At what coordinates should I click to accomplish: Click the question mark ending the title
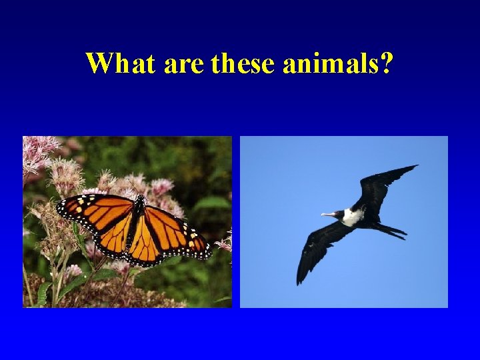coord(387,64)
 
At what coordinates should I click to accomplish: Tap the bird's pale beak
coord(328,214)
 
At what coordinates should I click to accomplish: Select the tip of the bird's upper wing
coord(415,167)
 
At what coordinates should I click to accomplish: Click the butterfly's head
coord(141,199)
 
